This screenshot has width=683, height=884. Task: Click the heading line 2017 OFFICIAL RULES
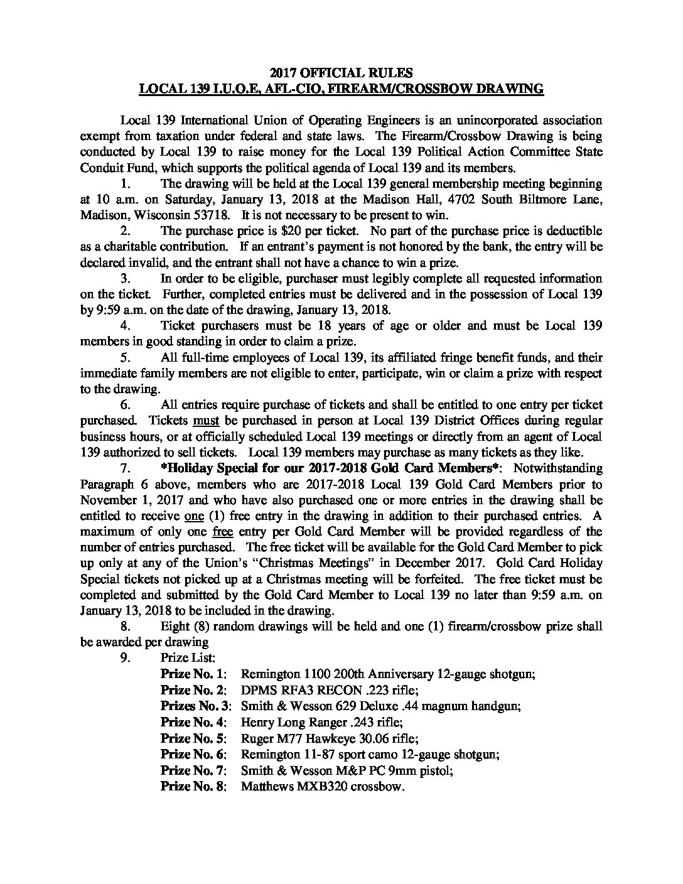341,72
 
